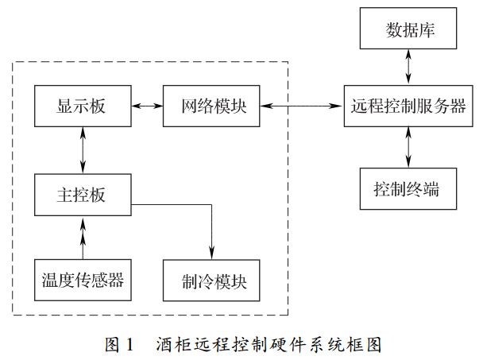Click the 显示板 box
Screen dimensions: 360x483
pos(82,106)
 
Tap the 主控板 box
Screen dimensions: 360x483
pos(82,194)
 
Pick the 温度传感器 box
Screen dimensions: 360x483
pos(82,279)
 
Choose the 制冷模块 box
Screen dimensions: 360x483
pos(211,279)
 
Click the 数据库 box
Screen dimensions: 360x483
pos(409,32)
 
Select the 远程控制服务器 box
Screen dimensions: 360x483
pos(409,106)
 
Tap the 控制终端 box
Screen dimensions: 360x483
pos(409,190)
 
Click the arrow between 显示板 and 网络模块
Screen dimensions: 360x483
pos(146,106)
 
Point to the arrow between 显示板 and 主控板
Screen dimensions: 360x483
pos(82,150)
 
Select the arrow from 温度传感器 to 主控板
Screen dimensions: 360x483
pos(82,236)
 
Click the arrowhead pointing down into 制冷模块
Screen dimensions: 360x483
pos(212,253)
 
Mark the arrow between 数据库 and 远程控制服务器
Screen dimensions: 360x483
pos(409,68)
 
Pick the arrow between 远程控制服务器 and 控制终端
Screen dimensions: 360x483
pos(409,148)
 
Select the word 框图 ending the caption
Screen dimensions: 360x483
pos(367,344)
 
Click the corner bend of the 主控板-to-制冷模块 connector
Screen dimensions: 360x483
pos(212,205)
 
